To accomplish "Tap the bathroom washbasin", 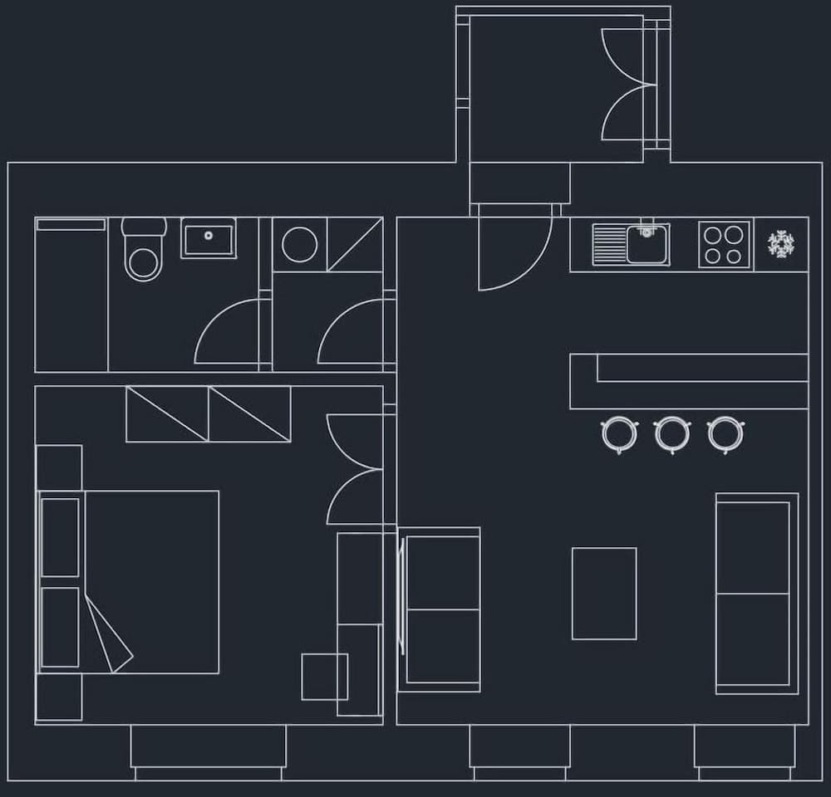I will click(x=209, y=238).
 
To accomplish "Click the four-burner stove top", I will click(x=724, y=244).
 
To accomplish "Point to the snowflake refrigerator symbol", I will click(x=781, y=243).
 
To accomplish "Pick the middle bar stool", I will click(x=671, y=433).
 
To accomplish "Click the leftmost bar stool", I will click(x=619, y=433).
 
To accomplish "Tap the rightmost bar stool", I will click(x=725, y=433).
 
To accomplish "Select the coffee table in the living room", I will click(x=604, y=593).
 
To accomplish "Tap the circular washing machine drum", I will click(x=298, y=243).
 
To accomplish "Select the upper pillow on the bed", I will click(x=61, y=537).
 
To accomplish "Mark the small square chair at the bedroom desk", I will click(x=324, y=677).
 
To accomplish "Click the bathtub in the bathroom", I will click(x=71, y=295).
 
